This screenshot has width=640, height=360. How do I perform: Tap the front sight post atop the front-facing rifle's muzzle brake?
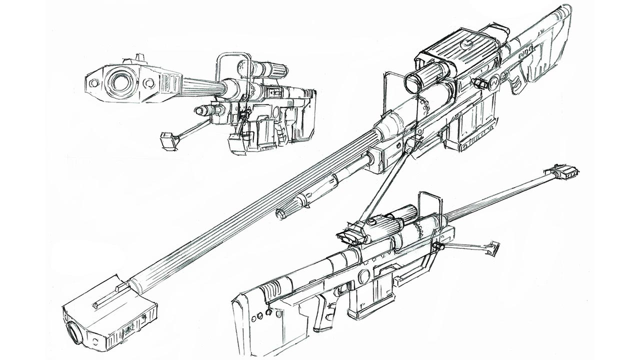(x=140, y=58)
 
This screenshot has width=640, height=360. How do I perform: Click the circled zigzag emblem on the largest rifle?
(x=494, y=83)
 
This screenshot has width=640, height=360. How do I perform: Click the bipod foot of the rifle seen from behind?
(x=493, y=247)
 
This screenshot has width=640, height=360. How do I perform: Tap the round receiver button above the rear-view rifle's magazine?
(x=364, y=277)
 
